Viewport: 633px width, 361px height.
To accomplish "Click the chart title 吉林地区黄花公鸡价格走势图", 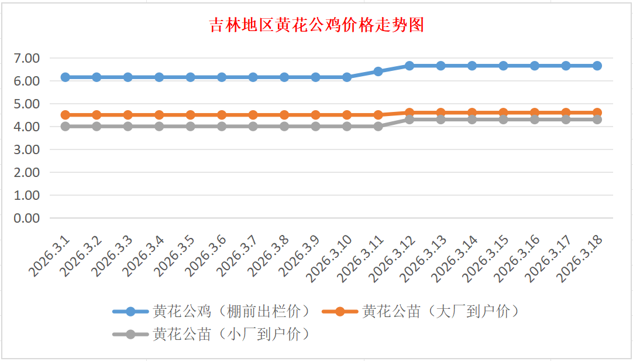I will tap(316, 26).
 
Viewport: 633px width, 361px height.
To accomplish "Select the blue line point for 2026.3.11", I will tap(378, 71).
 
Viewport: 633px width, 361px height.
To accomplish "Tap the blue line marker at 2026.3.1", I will tap(66, 77).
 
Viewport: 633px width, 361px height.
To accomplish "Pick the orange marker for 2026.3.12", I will tap(410, 113).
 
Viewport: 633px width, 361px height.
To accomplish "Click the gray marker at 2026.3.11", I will tap(378, 126).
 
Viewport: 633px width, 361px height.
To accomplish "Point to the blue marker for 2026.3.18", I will tap(597, 66).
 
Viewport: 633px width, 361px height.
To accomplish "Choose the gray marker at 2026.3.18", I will tap(597, 120).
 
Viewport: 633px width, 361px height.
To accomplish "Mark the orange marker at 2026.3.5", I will tap(191, 115).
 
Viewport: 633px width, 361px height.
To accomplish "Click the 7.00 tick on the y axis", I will tap(27, 58).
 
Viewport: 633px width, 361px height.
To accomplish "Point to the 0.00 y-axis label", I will tap(27, 218).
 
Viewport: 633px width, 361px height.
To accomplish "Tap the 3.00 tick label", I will tap(27, 149).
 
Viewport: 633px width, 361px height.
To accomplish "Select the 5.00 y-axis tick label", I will tap(27, 104).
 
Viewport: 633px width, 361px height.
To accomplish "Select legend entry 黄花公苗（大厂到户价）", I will tap(440, 311).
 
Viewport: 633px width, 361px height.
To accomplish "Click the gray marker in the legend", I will tap(130, 334).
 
